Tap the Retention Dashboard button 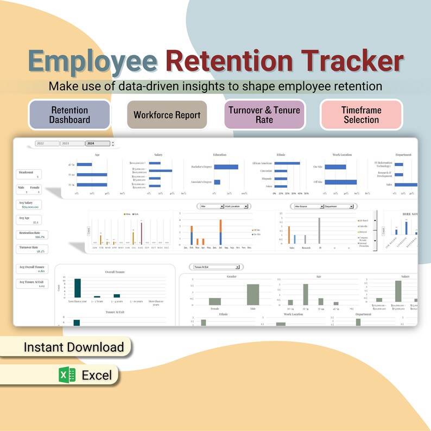(x=69, y=115)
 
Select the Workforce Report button (x=167, y=115)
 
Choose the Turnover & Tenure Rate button (x=263, y=115)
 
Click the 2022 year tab (x=47, y=144)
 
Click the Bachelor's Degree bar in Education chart (x=226, y=167)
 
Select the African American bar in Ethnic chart (x=287, y=163)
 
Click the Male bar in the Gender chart (x=253, y=295)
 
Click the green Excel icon (x=68, y=375)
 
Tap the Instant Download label (x=74, y=347)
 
